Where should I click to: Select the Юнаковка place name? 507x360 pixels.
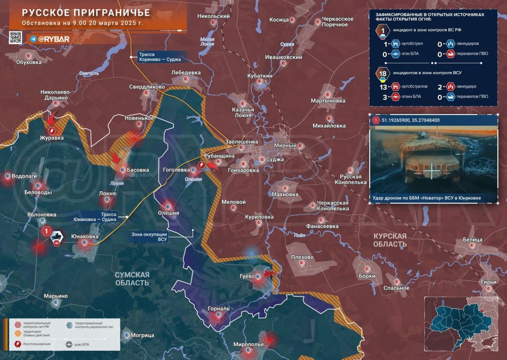(x=85, y=236)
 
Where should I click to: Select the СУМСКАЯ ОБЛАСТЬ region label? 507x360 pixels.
(x=132, y=278)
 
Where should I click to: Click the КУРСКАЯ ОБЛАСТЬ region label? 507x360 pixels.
(x=389, y=240)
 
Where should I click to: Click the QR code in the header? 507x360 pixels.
(x=15, y=38)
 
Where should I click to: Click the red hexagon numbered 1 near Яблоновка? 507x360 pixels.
(x=46, y=232)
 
